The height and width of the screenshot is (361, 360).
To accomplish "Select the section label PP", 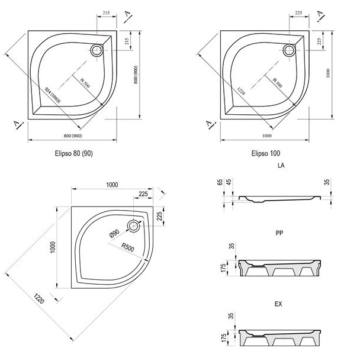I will (x=280, y=234).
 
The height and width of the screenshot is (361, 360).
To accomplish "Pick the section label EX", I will (x=279, y=304).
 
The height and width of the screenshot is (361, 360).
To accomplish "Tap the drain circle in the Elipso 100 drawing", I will (x=290, y=50).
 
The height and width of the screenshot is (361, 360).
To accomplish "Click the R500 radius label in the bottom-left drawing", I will (x=130, y=247).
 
